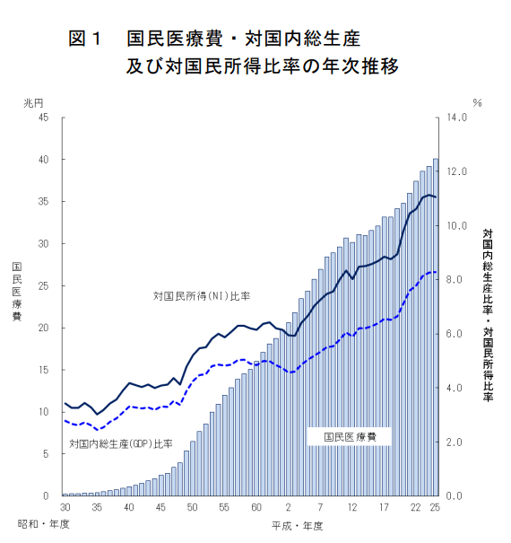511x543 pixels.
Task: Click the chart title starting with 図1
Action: click(233, 52)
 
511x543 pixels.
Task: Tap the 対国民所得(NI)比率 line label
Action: click(202, 296)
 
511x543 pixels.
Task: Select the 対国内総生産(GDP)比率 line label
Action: click(121, 443)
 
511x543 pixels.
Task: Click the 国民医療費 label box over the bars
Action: click(350, 437)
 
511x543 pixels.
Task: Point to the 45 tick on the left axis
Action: click(43, 118)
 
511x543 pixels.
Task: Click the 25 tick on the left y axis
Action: click(43, 286)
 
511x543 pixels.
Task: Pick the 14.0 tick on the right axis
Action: click(456, 118)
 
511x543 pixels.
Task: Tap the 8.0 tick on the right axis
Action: click(454, 279)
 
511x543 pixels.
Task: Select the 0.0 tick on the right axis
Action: click(454, 496)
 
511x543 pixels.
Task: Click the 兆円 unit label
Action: click(33, 103)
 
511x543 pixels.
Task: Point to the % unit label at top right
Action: click(478, 102)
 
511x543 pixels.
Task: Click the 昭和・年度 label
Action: click(44, 524)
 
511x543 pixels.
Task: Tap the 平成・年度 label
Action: click(298, 526)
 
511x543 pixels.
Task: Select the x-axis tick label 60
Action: click(256, 507)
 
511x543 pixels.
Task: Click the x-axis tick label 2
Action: click(288, 507)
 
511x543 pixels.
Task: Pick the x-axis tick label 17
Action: click(384, 507)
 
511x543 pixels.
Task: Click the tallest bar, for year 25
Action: click(436, 328)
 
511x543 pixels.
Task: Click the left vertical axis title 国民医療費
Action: click(17, 292)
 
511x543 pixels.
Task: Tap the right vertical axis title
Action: click(488, 315)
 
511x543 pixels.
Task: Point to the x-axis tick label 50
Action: click(193, 507)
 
